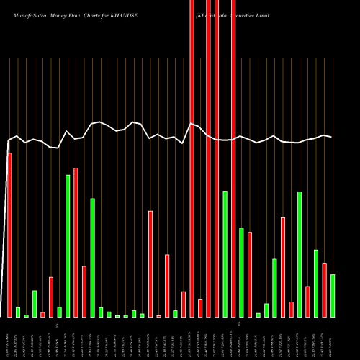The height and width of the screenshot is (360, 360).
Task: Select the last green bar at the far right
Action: pyautogui.click(x=333, y=296)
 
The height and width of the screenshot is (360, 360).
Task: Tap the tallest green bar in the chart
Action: pyautogui.click(x=68, y=246)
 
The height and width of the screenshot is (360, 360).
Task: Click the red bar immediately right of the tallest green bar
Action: pyautogui.click(x=76, y=242)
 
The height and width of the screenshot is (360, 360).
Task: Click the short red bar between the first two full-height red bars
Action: pyautogui.click(x=200, y=308)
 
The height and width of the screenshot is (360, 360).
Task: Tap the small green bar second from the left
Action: pyautogui.click(x=18, y=312)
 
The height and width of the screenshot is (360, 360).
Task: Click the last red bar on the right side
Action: pyautogui.click(x=324, y=290)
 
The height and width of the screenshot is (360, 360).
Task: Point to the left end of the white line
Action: pyautogui.click(x=8, y=141)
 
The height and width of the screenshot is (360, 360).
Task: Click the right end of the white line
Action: pyautogui.click(x=331, y=136)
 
